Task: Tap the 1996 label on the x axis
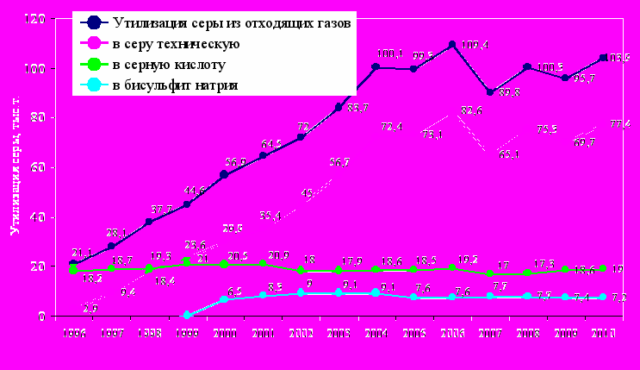[x=73, y=334]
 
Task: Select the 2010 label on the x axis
[x=603, y=334]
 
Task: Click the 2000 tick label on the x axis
[x=225, y=334]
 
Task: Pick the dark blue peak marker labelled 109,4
[x=452, y=45]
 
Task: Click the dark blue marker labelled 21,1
[x=73, y=263]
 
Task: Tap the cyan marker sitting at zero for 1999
[x=187, y=316]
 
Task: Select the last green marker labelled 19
[x=603, y=269]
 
